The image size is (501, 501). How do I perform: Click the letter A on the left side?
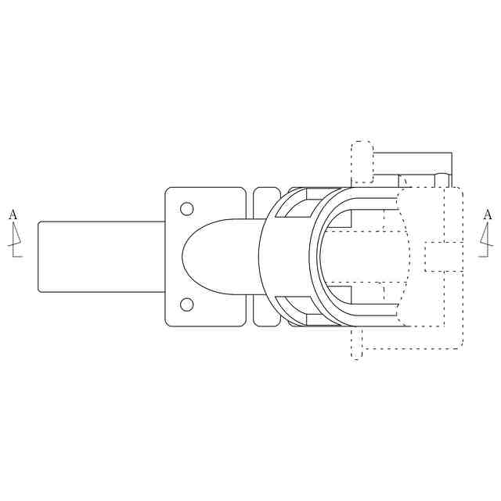[13, 214]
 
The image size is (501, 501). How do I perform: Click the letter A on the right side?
[488, 214]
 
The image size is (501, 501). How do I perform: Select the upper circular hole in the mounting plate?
[186, 209]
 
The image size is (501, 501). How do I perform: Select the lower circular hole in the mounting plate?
[186, 305]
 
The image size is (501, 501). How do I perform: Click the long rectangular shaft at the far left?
[102, 257]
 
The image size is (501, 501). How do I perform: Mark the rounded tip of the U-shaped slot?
[182, 257]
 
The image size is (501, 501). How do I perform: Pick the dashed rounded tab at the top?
[362, 162]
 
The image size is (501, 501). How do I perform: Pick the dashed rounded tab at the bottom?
[357, 344]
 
